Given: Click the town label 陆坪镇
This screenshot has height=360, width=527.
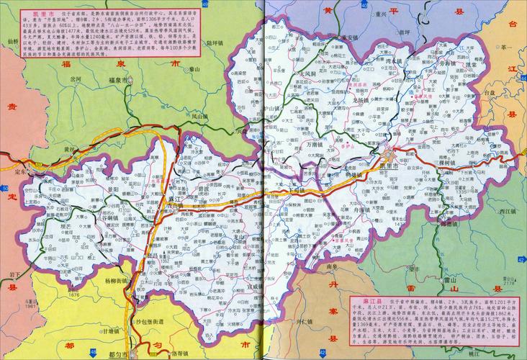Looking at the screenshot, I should point(196,44).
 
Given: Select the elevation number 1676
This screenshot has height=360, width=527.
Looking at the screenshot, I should point(94,296).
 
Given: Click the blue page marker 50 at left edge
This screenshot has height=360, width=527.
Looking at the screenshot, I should point(4,189).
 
